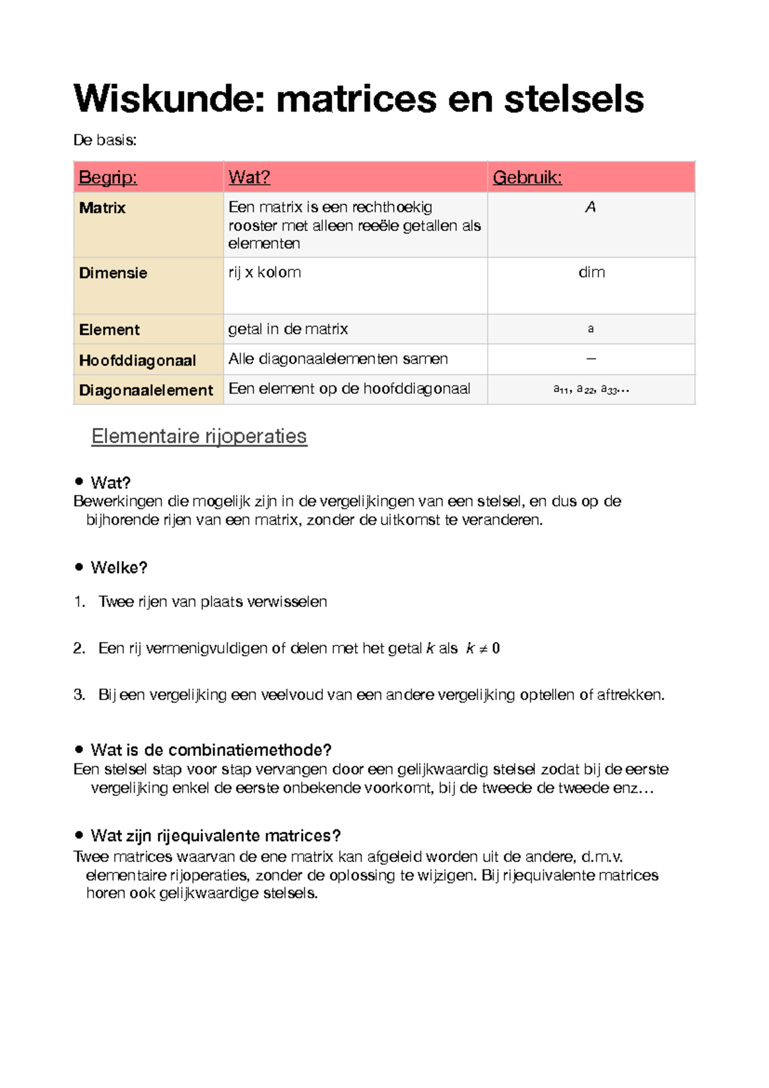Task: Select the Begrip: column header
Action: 108,178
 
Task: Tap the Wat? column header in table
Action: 249,178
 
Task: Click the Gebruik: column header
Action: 527,178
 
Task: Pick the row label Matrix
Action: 103,208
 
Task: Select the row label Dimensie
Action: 113,273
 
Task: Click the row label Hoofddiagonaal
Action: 137,361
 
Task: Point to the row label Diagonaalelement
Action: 145,390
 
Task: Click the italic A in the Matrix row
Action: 590,207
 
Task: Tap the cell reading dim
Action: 591,273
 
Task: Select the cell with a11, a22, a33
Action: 591,389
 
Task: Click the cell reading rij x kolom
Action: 265,273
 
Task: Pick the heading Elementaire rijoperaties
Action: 199,436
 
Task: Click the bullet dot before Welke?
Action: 79,566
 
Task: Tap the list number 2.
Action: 79,649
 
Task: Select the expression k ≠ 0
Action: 483,649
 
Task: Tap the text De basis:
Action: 104,140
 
